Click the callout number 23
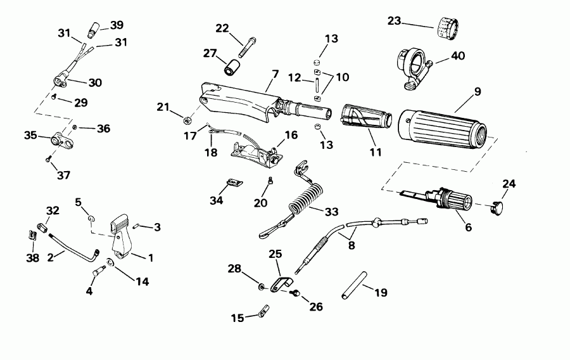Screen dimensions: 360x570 click(x=394, y=21)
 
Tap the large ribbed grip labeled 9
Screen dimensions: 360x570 click(x=443, y=127)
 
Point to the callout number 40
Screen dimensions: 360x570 click(x=458, y=56)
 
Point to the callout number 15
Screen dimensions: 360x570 click(x=237, y=318)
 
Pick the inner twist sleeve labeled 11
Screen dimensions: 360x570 click(x=365, y=121)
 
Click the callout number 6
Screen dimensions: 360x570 click(x=468, y=226)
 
